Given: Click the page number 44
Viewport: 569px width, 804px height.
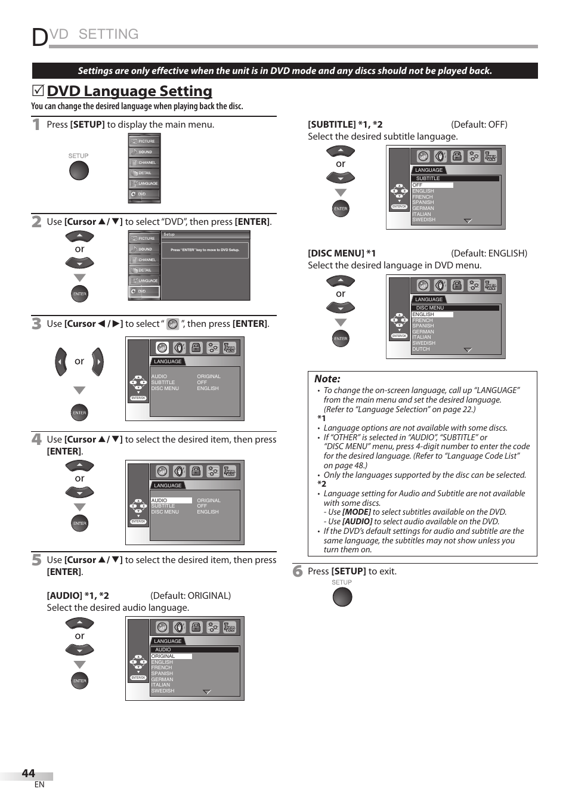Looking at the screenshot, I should (x=28, y=773).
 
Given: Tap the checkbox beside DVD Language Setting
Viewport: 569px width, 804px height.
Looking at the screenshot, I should (x=38, y=91).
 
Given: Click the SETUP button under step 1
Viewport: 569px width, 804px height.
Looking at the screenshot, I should (x=79, y=171).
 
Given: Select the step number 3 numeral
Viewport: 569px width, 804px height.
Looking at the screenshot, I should (x=36, y=323).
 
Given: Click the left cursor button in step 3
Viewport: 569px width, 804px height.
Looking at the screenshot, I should (x=61, y=361).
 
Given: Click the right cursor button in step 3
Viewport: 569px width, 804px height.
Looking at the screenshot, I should (x=98, y=361).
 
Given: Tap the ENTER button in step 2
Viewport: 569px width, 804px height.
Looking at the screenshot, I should (x=79, y=294).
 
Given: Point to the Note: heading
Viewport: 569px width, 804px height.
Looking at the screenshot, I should (x=327, y=379).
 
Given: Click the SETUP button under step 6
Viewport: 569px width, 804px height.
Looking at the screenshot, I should (x=342, y=597).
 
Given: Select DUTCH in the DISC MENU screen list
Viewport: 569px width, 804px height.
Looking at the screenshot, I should (x=421, y=349).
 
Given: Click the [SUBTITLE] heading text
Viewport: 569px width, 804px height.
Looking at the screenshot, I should (x=332, y=125).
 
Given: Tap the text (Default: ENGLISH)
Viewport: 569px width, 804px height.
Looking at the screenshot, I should (x=488, y=253).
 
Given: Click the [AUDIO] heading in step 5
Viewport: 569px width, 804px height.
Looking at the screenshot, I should (x=64, y=596).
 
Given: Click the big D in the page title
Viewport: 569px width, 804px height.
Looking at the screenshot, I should (x=40, y=37).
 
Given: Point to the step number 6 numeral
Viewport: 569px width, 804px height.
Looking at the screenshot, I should (x=298, y=571).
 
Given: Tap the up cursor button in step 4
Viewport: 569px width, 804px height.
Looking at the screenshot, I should (x=79, y=466).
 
